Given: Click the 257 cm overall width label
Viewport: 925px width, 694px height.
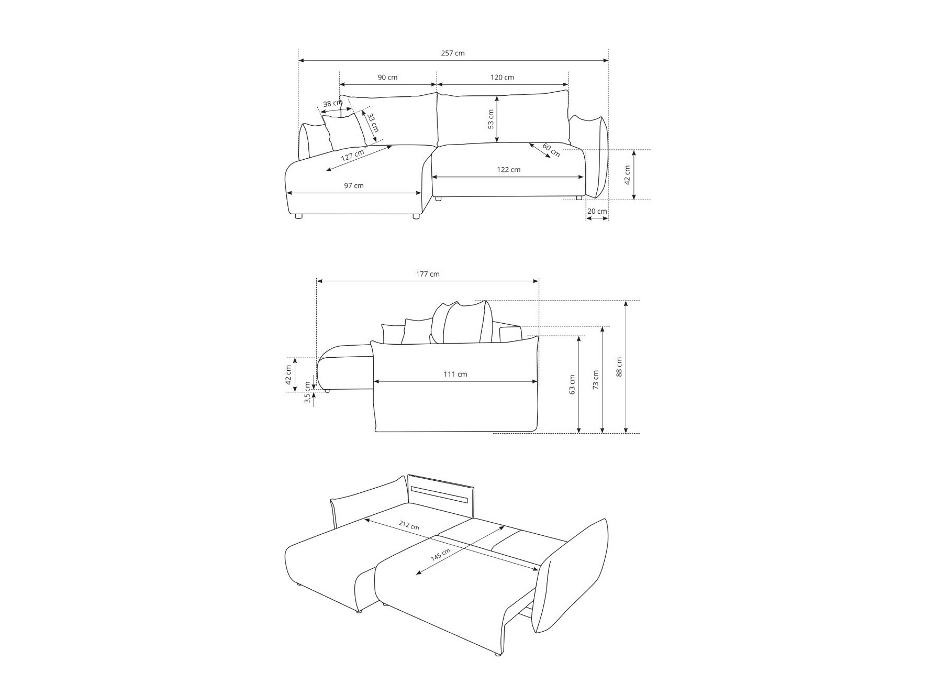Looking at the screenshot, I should coord(453,53).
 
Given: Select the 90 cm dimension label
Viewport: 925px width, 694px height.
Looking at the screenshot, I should coord(387,77).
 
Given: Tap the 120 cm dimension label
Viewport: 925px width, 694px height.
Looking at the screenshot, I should coord(502,77).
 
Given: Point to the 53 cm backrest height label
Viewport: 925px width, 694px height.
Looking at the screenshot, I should coord(491,119).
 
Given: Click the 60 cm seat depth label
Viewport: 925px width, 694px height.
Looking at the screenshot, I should coord(551,150).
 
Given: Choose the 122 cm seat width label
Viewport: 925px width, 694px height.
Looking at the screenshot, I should coord(508,169).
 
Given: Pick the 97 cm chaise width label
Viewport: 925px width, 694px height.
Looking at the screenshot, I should coord(354,185).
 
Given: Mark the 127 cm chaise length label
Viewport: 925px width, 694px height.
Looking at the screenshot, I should coord(352,156).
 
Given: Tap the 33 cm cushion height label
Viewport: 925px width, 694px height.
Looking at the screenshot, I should coord(372,123).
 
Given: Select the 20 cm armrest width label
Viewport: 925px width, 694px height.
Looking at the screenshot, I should coord(597,211).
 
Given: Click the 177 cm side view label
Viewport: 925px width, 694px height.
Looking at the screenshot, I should coord(428,274).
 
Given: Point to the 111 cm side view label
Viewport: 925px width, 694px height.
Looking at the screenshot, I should coord(455,374).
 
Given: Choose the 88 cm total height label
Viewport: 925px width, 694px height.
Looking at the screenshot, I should coord(619,367).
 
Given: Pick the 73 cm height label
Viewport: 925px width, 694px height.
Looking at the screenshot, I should coord(596,379).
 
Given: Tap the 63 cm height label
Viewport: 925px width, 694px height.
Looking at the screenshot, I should coord(572,384).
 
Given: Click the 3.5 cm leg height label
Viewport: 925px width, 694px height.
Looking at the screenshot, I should coord(307,392).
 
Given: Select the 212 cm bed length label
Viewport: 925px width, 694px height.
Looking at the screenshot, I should coord(408,525).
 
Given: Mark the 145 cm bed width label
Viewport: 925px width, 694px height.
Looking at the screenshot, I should coord(440,555).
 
